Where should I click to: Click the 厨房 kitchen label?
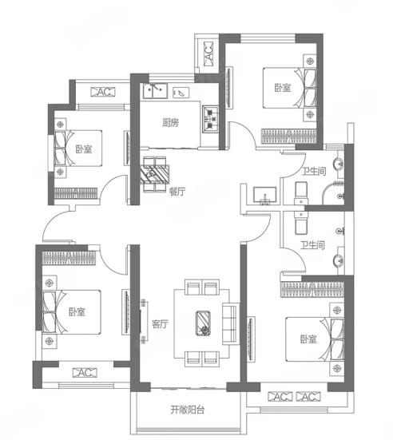170,123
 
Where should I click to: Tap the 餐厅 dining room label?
177,192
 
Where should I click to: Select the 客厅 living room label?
160,324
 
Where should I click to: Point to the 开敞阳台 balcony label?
187,410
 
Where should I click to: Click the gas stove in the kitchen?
210,119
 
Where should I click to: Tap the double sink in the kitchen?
155,91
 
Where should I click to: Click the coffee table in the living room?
203,323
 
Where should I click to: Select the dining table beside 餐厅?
155,175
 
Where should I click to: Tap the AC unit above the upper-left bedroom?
103,92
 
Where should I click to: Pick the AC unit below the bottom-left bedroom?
85,373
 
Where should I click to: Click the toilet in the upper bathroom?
301,193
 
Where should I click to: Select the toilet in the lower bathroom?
301,223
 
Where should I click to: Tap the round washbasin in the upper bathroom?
339,164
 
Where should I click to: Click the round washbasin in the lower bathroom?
339,261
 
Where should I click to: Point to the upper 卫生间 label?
314,171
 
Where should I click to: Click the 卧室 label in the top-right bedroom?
283,88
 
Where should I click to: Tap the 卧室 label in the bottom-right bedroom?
308,339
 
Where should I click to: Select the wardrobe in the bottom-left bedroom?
69,258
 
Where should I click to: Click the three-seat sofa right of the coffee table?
229,324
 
